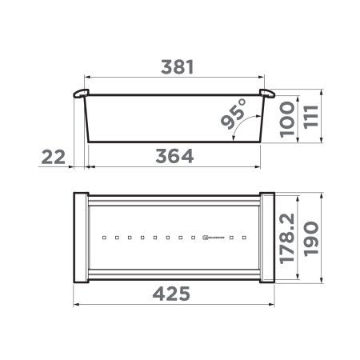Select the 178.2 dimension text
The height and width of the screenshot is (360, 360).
tap(290, 238)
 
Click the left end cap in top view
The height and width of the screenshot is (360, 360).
tap(81, 238)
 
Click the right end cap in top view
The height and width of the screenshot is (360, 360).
tap(268, 238)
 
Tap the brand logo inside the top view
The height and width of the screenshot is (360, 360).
tap(214, 238)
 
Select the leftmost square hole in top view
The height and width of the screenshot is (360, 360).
tap(105, 238)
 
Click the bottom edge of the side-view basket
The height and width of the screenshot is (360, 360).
tap(174, 142)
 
